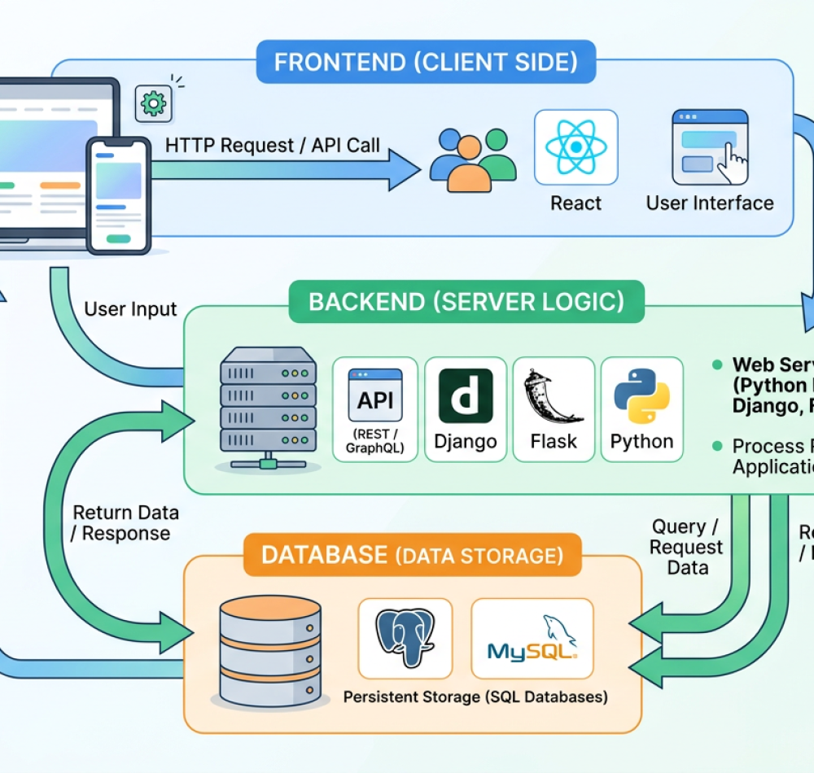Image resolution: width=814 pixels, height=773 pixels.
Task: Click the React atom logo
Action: tap(575, 147)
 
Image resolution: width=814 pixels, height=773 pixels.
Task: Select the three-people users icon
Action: tap(472, 159)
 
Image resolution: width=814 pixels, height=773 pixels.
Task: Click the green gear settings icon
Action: tap(152, 103)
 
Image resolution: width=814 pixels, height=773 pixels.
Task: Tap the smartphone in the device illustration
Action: tap(119, 195)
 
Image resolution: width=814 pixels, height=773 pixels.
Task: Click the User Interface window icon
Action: tap(710, 147)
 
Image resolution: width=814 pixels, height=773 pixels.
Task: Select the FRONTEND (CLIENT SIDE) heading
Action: tap(426, 63)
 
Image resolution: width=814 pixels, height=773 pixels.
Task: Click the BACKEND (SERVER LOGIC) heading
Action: tap(466, 302)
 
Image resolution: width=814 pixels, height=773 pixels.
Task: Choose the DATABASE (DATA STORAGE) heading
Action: tap(412, 556)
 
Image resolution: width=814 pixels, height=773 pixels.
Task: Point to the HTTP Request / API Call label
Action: tap(273, 146)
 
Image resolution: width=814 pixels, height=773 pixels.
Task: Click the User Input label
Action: tap(130, 309)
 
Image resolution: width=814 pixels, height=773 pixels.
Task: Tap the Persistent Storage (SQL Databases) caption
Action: tap(475, 697)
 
